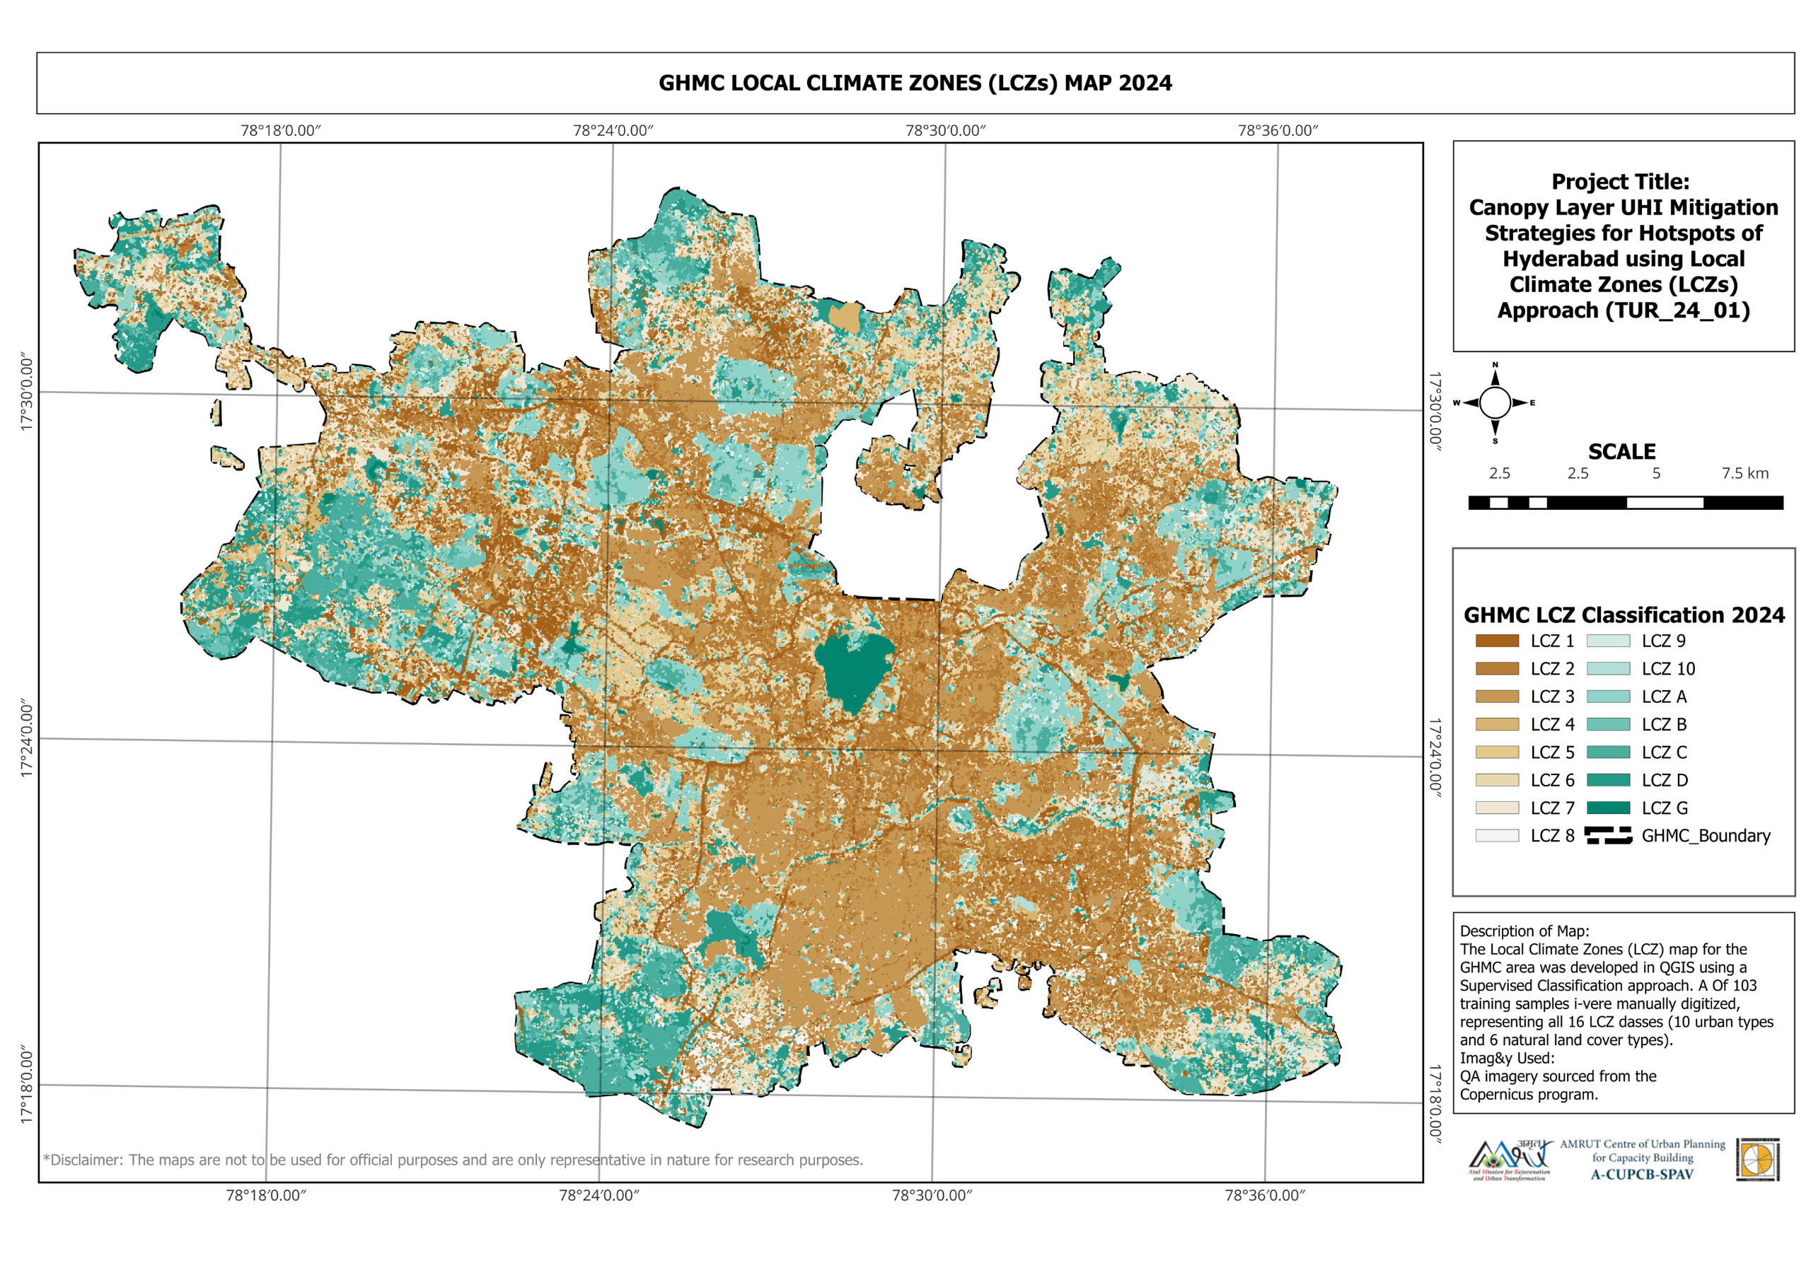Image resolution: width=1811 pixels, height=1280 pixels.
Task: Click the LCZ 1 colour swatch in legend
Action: coord(1496,641)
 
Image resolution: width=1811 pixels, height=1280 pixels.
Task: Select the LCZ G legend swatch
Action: coord(1607,808)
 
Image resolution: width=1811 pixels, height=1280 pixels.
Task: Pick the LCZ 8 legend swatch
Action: coord(1496,836)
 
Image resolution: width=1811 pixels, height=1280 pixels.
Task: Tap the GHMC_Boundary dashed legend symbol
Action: coord(1607,836)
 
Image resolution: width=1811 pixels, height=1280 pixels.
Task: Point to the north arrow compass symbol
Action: coord(1494,403)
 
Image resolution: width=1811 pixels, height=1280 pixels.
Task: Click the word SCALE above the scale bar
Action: coord(1621,452)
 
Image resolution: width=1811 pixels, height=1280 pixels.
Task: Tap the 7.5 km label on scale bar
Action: coord(1744,473)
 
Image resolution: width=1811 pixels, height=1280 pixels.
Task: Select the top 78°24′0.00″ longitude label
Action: coord(613,130)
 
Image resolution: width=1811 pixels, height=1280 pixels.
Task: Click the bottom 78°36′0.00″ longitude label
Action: coord(1263,1196)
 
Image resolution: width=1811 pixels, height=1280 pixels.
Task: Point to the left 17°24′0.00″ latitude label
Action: coord(26,738)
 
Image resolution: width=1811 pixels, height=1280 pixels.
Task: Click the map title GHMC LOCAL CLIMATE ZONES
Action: coord(915,83)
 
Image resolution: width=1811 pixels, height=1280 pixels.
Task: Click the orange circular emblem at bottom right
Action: coord(1757,1160)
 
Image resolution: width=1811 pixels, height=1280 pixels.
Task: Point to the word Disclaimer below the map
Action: coord(85,1160)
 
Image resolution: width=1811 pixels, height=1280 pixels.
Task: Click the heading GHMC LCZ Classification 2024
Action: coord(1624,615)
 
